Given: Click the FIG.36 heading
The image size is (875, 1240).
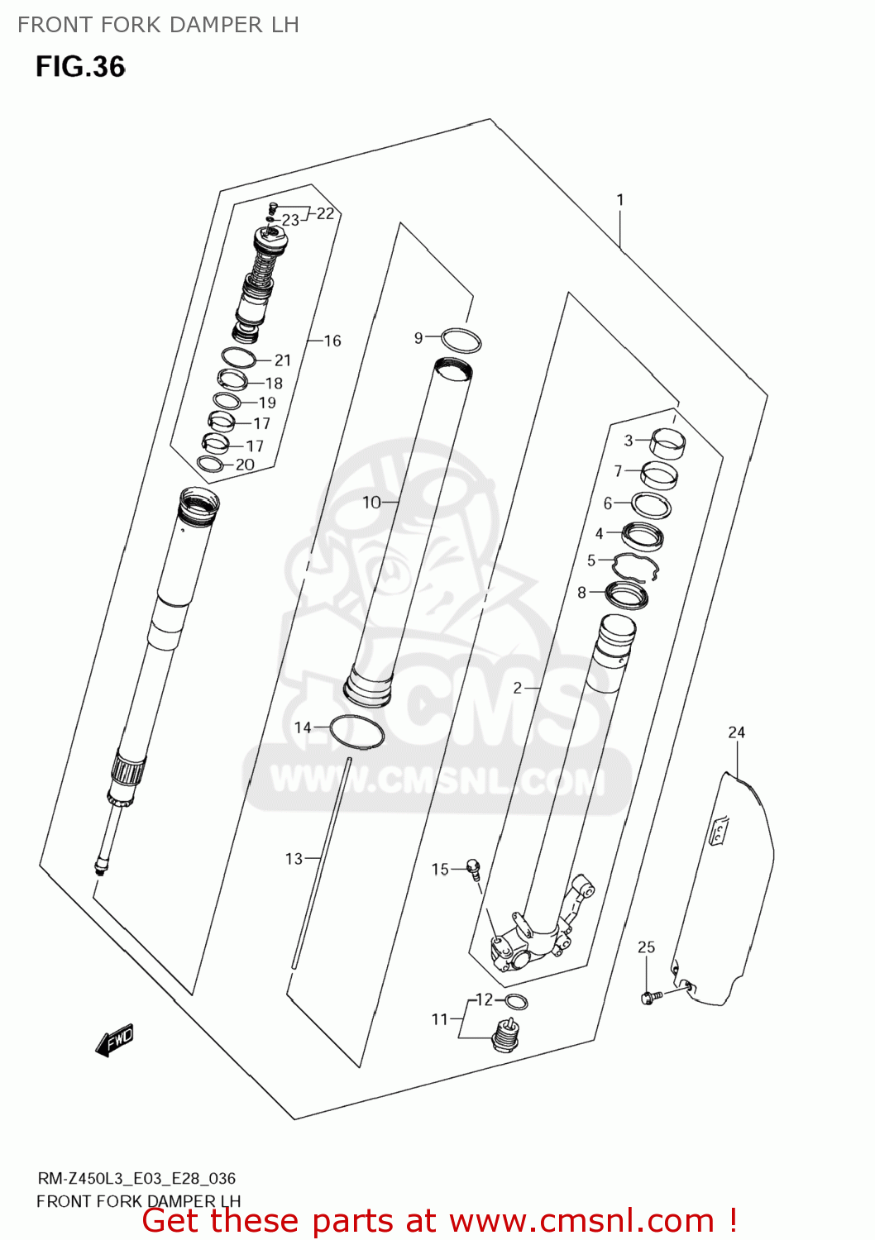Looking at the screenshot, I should coord(80,67).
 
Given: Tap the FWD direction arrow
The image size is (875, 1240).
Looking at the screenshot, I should coord(114,1041).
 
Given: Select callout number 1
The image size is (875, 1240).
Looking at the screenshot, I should coord(620,200).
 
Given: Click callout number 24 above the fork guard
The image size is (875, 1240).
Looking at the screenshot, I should coord(736,732).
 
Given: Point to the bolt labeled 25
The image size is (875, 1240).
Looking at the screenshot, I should coord(648,998).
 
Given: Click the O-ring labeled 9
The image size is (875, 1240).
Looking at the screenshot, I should coord(461,340).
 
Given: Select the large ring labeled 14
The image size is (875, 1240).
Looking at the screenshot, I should coord(357,732).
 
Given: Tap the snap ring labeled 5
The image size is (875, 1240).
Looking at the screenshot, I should coord(635,568).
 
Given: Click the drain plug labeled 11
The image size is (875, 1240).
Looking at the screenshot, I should coord(504,1036).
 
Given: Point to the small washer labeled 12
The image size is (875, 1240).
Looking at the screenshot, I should coord(516,1002).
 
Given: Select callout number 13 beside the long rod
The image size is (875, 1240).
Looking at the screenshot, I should coord(294,859).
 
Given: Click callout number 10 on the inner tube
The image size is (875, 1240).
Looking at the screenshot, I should coord(371,502).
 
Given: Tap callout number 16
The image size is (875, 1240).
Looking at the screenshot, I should coord(332,341).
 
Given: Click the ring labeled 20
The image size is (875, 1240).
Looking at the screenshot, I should coord(212,465).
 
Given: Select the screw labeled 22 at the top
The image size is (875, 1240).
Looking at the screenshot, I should coord(274,207).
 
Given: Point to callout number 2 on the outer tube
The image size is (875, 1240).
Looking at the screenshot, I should coord(518,688).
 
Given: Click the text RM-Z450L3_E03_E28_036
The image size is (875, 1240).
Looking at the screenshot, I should coord(136,1178).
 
